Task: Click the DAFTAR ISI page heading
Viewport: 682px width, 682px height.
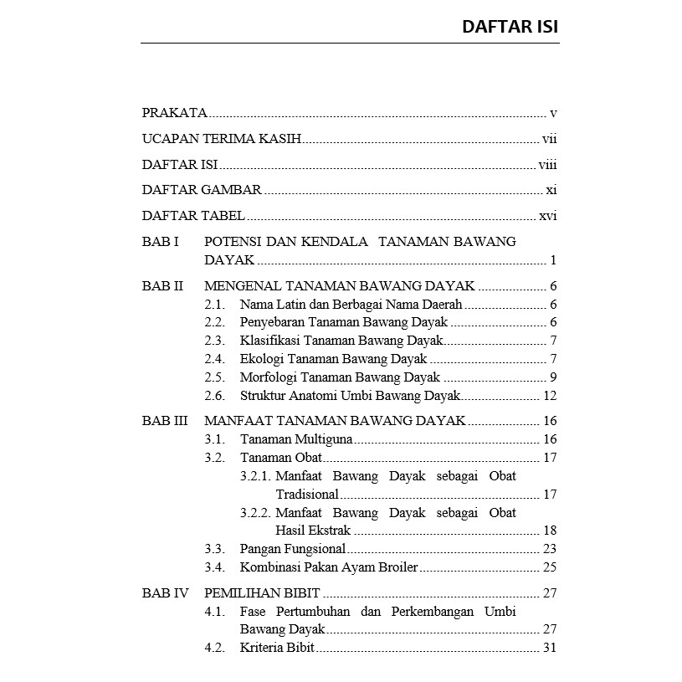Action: coord(510,27)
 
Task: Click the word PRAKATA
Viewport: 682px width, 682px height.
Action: coord(174,113)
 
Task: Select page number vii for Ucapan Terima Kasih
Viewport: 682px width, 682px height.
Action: coord(549,139)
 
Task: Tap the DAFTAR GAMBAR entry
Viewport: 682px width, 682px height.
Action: coord(202,190)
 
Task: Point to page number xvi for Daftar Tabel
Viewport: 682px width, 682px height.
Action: coord(547,216)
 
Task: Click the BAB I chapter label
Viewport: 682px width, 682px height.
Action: coord(160,242)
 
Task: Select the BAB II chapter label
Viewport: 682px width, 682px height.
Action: coord(162,286)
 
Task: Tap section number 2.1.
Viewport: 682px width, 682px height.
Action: coord(214,305)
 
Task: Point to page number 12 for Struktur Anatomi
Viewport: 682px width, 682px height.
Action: coord(550,396)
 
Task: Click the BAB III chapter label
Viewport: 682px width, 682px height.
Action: coord(165,421)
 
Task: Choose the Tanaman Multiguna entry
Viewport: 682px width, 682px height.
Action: coord(296,439)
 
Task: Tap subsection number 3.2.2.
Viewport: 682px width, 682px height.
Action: coord(256,513)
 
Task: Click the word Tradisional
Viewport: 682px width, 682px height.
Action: coord(307,495)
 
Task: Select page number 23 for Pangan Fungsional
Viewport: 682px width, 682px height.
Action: coord(550,550)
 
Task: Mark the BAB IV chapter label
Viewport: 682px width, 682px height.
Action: coord(166,593)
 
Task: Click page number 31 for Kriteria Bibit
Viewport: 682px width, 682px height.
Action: coord(550,648)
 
